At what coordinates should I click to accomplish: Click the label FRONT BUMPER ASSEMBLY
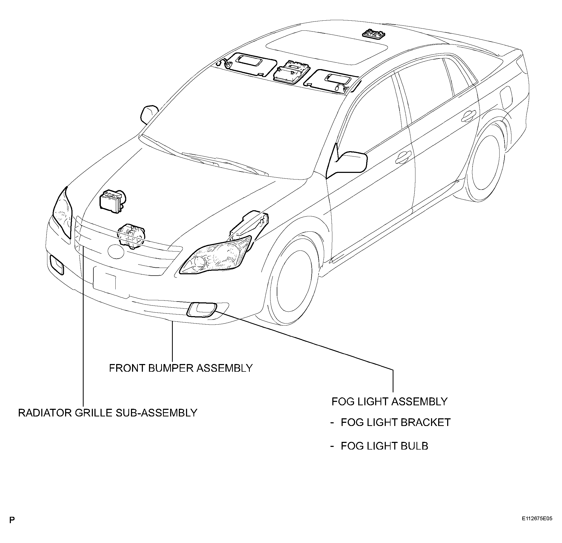181,368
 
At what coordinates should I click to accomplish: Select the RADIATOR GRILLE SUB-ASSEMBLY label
108,413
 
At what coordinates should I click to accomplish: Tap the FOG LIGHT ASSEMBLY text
389,402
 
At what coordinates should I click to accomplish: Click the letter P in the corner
12,528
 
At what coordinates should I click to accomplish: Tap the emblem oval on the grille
116,251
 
